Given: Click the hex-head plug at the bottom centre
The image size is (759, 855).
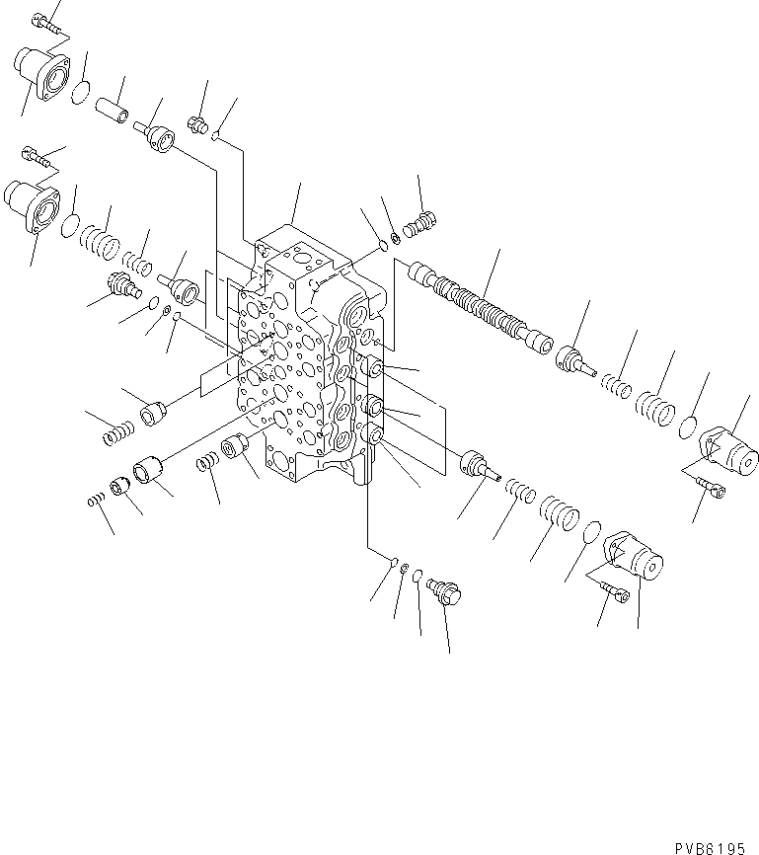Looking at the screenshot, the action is [446, 592].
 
